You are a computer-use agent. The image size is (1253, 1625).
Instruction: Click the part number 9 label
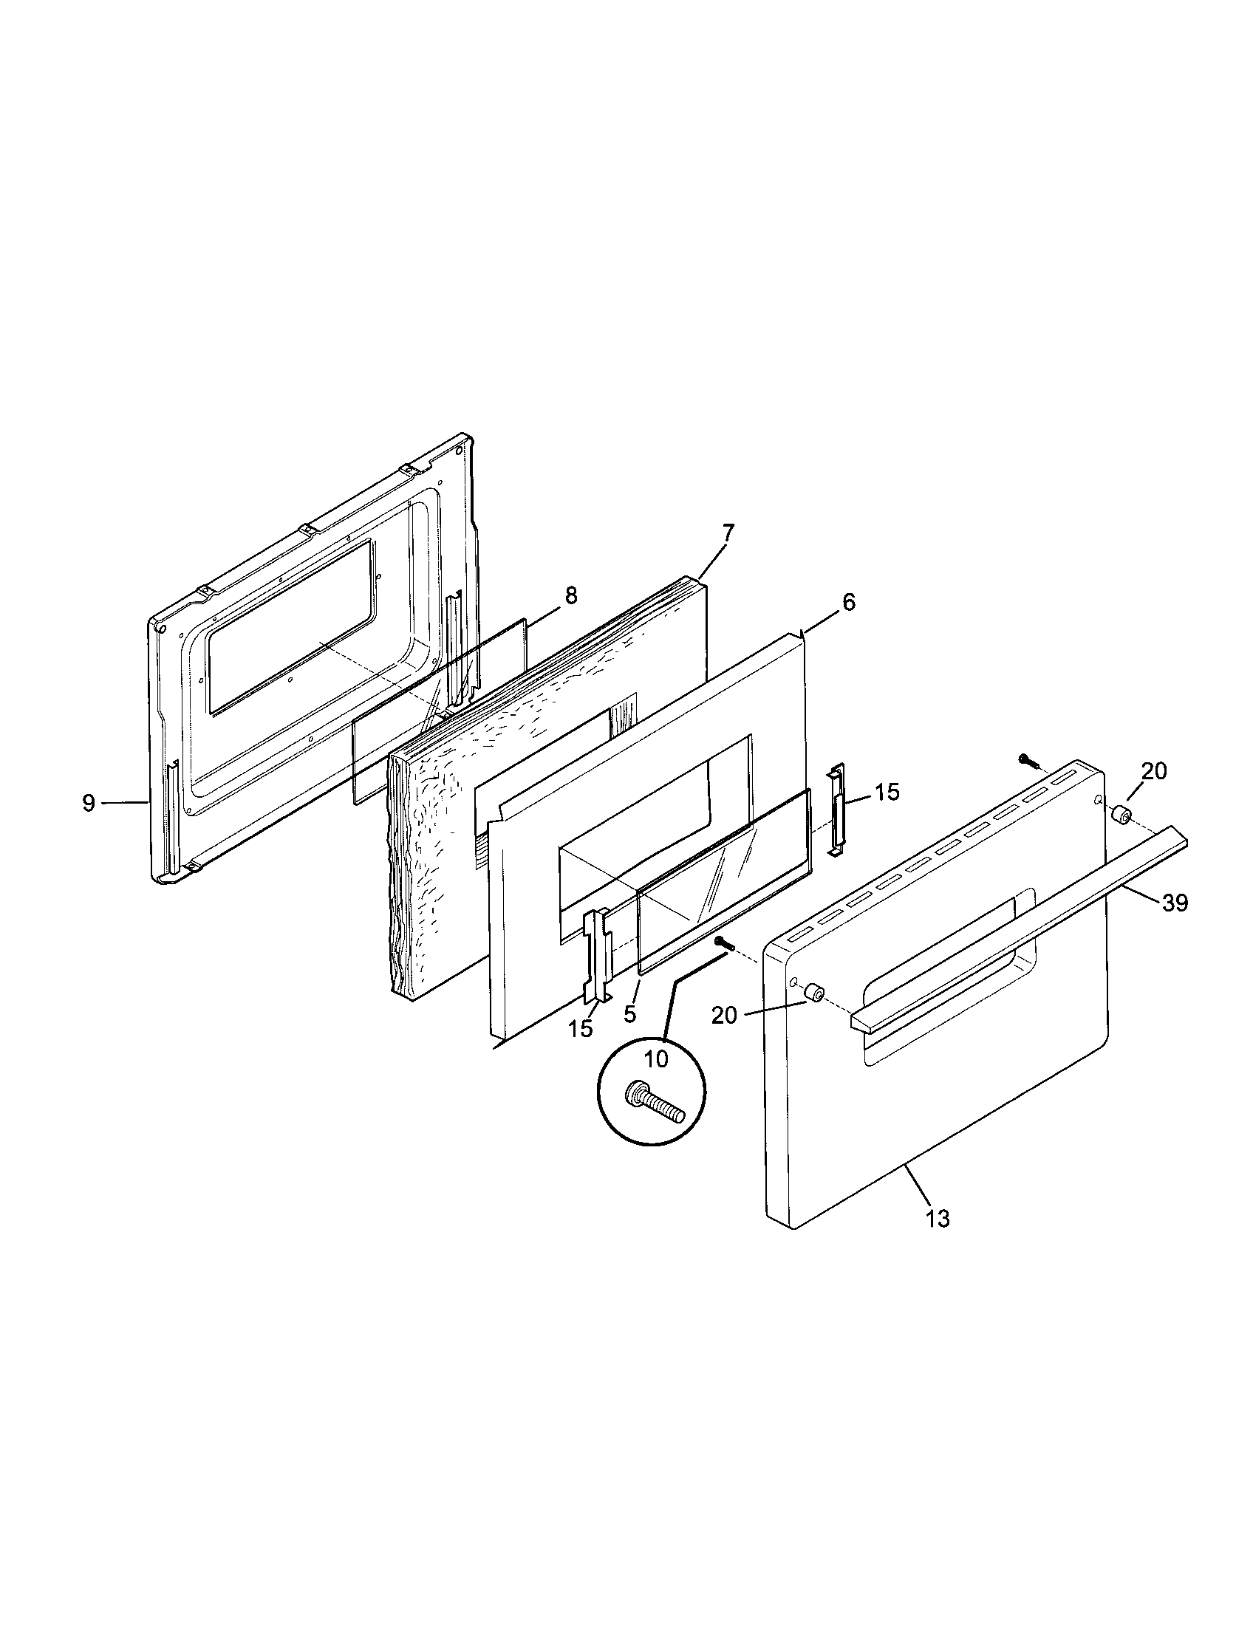click(x=89, y=803)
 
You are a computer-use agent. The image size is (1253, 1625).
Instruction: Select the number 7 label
click(x=728, y=533)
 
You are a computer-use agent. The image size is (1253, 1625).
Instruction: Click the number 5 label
click(x=630, y=1014)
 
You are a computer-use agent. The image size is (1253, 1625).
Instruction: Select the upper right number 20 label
click(x=1154, y=772)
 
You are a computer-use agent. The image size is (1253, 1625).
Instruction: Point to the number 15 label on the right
click(x=886, y=792)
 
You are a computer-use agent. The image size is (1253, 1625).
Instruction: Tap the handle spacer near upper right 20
click(x=1122, y=816)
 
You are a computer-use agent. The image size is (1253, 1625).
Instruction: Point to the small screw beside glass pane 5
click(x=724, y=943)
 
